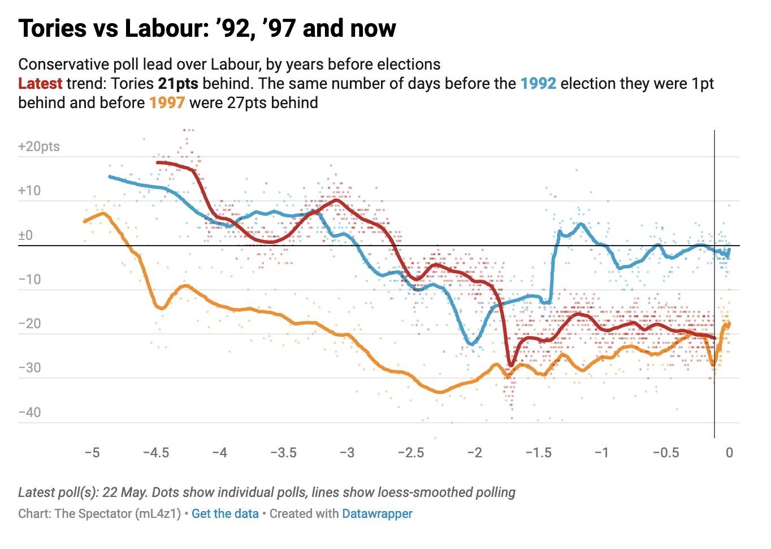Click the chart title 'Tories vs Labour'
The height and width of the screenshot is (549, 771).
[x=207, y=28]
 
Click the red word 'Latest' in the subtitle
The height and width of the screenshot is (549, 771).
[x=40, y=84]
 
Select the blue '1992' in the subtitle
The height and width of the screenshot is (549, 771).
[x=538, y=84]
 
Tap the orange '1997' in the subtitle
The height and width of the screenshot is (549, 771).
[x=167, y=103]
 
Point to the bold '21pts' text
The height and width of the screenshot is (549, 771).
[x=178, y=84]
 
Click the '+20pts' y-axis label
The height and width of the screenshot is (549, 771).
[x=39, y=147]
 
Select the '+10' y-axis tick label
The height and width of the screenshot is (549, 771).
[x=29, y=191]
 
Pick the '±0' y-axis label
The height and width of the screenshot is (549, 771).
[x=25, y=235]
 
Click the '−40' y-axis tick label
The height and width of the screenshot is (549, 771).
[x=29, y=412]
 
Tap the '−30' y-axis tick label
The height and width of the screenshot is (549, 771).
[x=29, y=368]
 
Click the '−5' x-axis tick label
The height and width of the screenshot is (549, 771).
[x=92, y=453]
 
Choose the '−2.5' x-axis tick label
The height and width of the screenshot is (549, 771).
[x=411, y=453]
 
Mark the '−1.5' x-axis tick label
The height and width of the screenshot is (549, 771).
[x=538, y=453]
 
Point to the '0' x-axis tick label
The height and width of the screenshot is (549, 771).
[x=729, y=453]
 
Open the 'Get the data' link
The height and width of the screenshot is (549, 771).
[x=225, y=514]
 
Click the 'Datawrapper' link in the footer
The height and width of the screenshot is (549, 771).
[x=377, y=514]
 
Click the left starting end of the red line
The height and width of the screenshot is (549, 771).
[x=158, y=162]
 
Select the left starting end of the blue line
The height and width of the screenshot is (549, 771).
[x=110, y=177]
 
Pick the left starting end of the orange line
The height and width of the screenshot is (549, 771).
[x=85, y=221]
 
